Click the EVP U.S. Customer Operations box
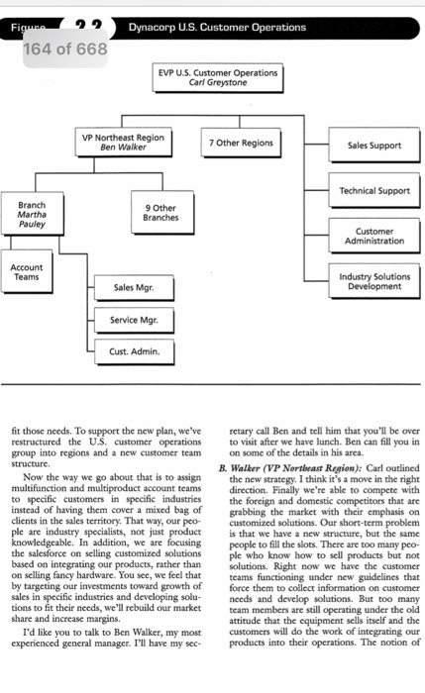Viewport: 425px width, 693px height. (x=219, y=78)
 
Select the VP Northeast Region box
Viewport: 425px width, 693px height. (x=124, y=142)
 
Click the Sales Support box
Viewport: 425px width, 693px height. (x=374, y=146)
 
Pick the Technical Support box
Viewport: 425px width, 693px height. (x=373, y=190)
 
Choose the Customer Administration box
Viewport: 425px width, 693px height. (x=373, y=236)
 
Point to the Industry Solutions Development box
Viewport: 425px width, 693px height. (x=373, y=282)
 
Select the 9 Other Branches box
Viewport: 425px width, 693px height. (x=159, y=213)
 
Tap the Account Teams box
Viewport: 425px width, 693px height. (x=26, y=272)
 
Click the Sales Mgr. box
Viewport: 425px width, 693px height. (x=132, y=288)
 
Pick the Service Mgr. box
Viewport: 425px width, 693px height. (x=132, y=320)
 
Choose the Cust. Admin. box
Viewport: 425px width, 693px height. (x=132, y=351)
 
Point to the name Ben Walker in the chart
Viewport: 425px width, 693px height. (x=124, y=147)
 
